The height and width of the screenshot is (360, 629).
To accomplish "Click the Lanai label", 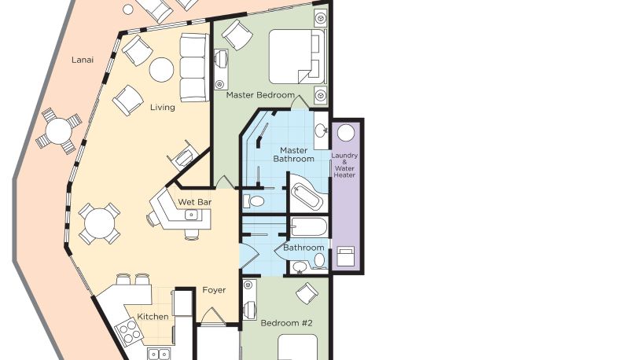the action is pyautogui.click(x=83, y=61).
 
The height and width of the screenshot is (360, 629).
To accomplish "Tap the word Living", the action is pyautogui.click(x=163, y=108).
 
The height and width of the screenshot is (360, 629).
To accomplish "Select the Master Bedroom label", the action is pyautogui.click(x=260, y=95).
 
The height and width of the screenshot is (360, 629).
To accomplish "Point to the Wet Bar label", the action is pyautogui.click(x=194, y=202).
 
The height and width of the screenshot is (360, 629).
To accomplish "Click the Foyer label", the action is pyautogui.click(x=214, y=290).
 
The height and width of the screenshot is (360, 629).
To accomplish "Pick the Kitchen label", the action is pyautogui.click(x=153, y=317).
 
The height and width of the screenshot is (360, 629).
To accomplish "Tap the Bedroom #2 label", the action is pyautogui.click(x=286, y=323).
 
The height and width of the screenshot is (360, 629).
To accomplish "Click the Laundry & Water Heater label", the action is pyautogui.click(x=344, y=165).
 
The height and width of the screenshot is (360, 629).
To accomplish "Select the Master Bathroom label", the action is pyautogui.click(x=293, y=155).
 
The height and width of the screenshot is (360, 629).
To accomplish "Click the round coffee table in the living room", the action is pyautogui.click(x=161, y=69).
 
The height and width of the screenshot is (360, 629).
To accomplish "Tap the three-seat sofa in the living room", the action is pyautogui.click(x=194, y=68).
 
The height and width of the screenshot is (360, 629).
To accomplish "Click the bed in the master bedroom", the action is pyautogui.click(x=298, y=57).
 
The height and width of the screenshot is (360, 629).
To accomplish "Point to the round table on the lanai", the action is pyautogui.click(x=58, y=130).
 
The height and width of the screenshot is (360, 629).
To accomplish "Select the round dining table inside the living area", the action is pyautogui.click(x=99, y=224).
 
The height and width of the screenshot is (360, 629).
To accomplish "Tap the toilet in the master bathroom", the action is pyautogui.click(x=254, y=200).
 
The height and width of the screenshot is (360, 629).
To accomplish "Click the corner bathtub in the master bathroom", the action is pyautogui.click(x=306, y=195).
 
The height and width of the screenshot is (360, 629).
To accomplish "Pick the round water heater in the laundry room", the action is pyautogui.click(x=346, y=133).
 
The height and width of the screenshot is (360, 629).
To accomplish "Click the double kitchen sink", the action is pyautogui.click(x=160, y=354).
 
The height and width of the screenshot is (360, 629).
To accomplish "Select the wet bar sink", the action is pyautogui.click(x=192, y=215).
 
